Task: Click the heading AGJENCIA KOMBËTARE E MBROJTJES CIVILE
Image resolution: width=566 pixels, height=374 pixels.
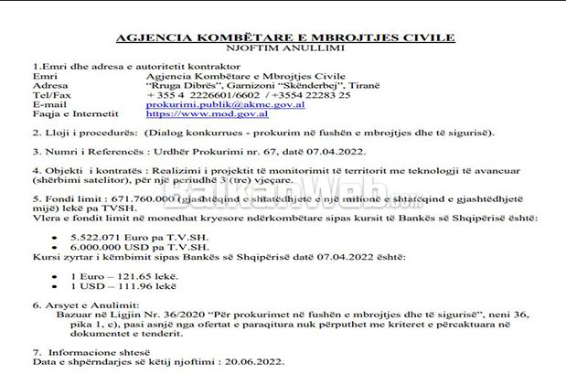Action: (x=284, y=37)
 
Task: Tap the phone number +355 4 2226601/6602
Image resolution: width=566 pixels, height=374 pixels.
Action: (x=205, y=95)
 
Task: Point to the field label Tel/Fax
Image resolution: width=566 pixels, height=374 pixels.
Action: (x=49, y=95)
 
